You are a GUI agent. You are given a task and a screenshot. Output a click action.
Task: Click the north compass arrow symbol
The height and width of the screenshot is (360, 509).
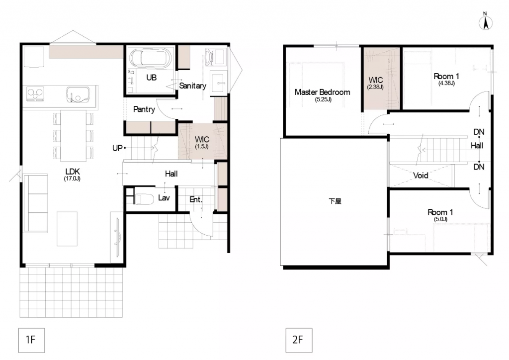486,22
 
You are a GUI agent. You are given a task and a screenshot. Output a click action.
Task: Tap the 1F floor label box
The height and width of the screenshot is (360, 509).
31,340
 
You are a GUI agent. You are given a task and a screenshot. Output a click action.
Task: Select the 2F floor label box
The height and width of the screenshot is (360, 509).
299,340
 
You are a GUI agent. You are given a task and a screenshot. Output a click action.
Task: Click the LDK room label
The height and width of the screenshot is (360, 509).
73,174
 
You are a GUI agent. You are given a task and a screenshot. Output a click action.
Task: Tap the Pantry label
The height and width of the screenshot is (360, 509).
144,109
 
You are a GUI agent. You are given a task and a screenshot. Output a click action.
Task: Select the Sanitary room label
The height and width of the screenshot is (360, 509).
192,86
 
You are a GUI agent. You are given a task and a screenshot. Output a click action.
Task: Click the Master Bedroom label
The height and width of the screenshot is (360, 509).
322,95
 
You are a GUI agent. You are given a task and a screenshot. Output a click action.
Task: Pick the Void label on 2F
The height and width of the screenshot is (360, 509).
421,176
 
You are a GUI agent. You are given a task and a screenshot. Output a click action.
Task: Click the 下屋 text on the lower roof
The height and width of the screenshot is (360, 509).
335,201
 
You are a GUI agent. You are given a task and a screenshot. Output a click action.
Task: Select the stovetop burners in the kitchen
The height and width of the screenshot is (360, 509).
35,93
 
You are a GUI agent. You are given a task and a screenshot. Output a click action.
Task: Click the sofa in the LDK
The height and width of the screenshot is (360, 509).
35,203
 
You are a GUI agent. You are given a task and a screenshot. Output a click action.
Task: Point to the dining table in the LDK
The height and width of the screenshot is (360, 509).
74,136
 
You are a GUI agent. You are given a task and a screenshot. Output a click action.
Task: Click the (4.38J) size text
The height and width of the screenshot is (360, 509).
446,83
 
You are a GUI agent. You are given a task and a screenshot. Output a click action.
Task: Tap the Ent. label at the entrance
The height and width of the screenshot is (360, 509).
196,199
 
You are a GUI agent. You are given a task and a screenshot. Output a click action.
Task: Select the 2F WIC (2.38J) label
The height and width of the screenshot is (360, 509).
376,83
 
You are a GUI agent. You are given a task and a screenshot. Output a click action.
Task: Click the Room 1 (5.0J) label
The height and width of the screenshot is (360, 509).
440,215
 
